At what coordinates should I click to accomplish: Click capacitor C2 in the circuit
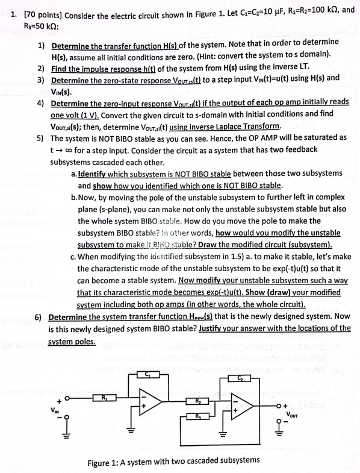(240, 377)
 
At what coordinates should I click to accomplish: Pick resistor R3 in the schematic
(197, 417)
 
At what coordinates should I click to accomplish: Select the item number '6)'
(40, 317)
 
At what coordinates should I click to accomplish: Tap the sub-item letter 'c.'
(73, 257)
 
